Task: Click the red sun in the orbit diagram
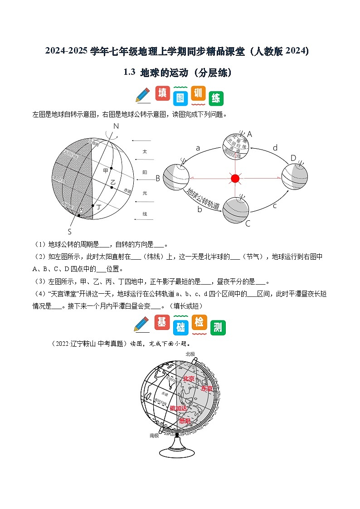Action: pyautogui.click(x=235, y=178)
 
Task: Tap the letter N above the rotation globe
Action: pyautogui.click(x=116, y=126)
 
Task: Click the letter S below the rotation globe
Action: pyautogui.click(x=70, y=230)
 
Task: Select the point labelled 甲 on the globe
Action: pyautogui.click(x=111, y=170)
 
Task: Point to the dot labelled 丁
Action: pyautogui.click(x=93, y=205)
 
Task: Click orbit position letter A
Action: pyautogui.click(x=249, y=134)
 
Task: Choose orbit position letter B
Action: pyautogui.click(x=158, y=178)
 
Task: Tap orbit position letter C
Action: pyautogui.click(x=248, y=223)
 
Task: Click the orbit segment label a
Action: pyautogui.click(x=198, y=148)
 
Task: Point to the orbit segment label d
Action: pyautogui.click(x=275, y=148)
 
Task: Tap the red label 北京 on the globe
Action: pyautogui.click(x=189, y=378)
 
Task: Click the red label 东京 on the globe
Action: pyautogui.click(x=207, y=388)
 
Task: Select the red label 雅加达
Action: pyautogui.click(x=178, y=408)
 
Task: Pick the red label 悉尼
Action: pyautogui.click(x=185, y=421)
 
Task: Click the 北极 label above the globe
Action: pyautogui.click(x=190, y=354)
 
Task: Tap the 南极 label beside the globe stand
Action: pyautogui.click(x=154, y=435)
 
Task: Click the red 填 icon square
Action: pyautogui.click(x=163, y=93)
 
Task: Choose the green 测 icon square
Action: pyautogui.click(x=218, y=327)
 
